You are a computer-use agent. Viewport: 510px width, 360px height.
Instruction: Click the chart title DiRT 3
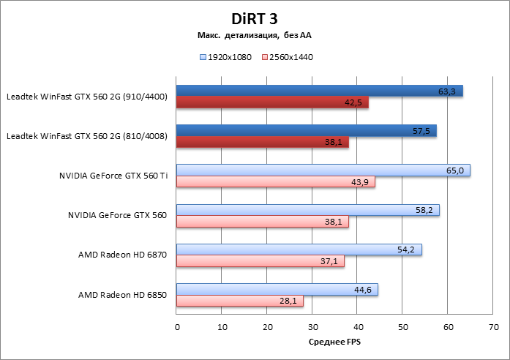click(255, 17)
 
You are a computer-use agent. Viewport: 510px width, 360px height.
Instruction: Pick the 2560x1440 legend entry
click(287, 56)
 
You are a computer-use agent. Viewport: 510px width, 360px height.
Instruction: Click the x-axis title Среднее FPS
click(335, 342)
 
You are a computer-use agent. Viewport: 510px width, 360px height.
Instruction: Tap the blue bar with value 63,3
click(319, 91)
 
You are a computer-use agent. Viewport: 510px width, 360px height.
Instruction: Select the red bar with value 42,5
click(272, 102)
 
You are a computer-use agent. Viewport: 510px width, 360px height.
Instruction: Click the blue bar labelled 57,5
click(306, 130)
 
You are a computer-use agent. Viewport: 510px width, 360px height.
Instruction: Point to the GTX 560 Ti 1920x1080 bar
click(323, 170)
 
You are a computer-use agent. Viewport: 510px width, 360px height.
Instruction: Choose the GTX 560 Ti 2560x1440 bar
click(275, 181)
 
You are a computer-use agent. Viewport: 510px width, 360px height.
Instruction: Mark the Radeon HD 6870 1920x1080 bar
click(299, 250)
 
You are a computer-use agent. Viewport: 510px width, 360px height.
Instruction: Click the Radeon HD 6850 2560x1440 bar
click(239, 301)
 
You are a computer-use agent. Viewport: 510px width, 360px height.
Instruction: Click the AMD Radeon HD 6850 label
click(122, 295)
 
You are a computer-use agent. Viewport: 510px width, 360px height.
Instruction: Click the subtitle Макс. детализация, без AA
click(255, 34)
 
